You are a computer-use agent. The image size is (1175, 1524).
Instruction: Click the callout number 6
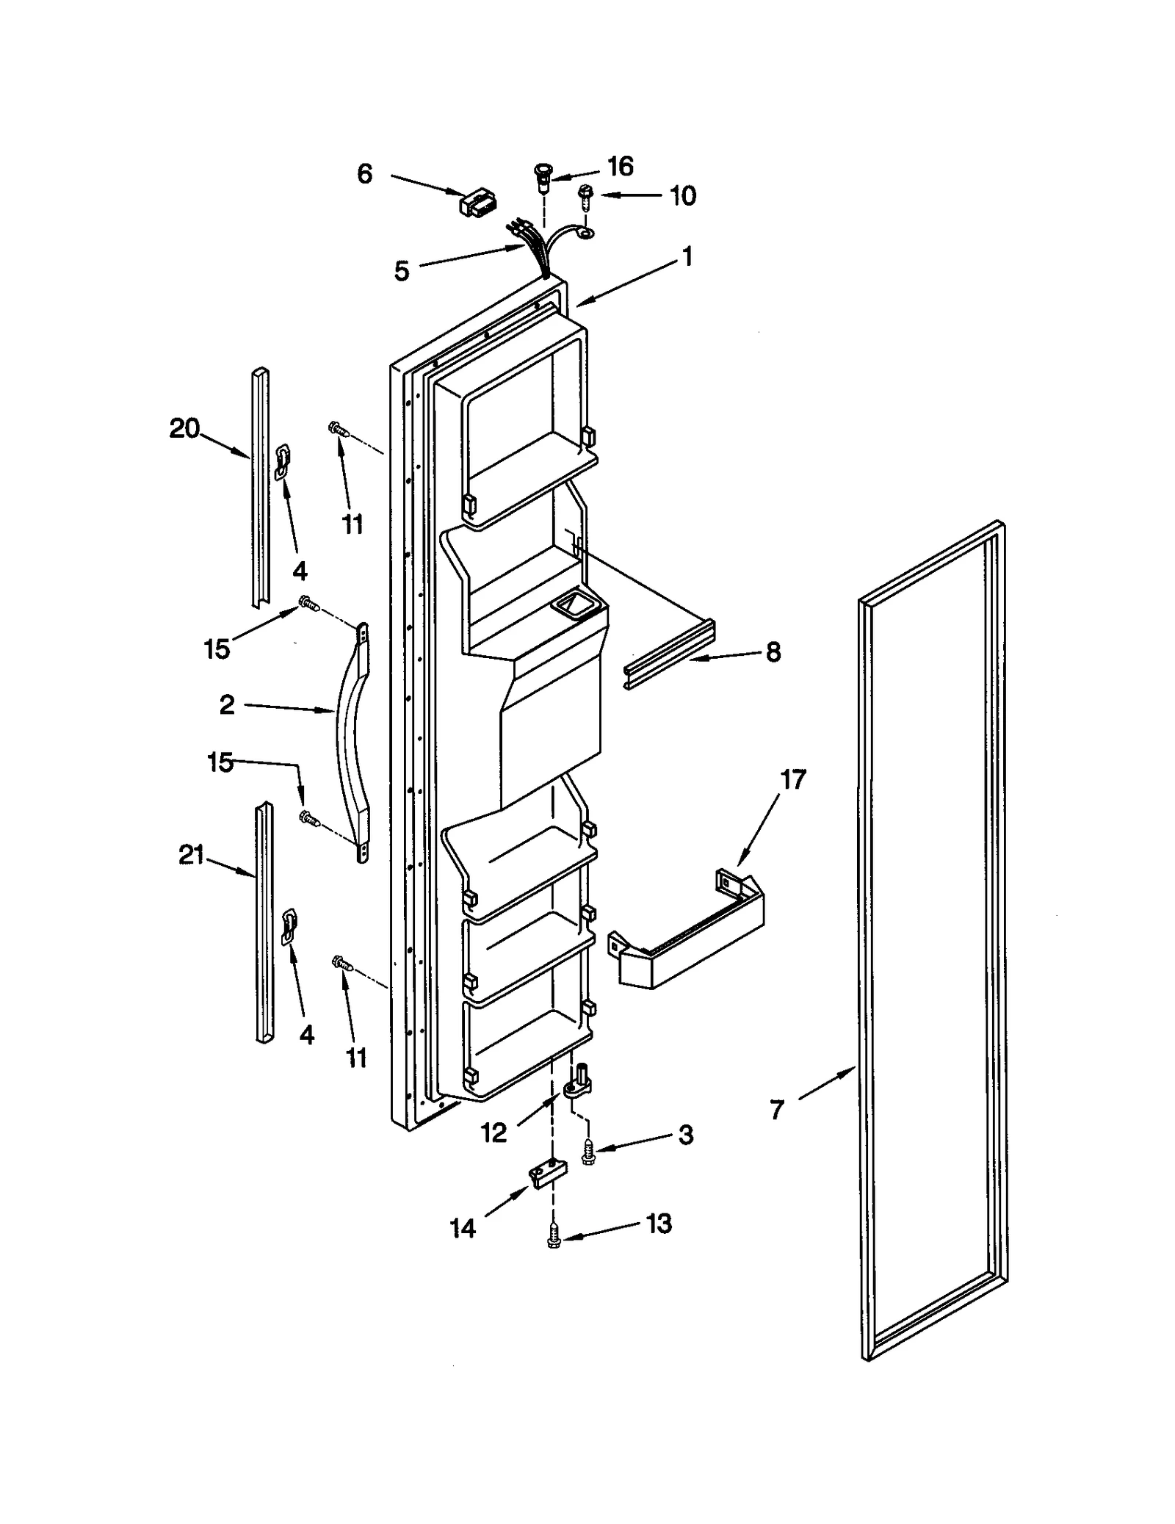coord(365,174)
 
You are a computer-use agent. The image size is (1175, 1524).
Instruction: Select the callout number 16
coord(621,167)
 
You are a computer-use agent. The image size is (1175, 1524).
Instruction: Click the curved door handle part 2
coord(352,742)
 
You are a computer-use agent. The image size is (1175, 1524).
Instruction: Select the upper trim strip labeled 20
coord(259,485)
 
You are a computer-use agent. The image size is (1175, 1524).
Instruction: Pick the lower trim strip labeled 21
coord(263,922)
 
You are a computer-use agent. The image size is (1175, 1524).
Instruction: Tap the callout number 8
coord(773,652)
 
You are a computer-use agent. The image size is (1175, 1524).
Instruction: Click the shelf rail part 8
coord(668,654)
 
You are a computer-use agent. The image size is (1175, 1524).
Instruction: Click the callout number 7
coord(778,1109)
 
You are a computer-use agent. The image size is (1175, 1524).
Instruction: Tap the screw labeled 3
coord(587,1152)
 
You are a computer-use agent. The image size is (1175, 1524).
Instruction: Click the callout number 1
coord(687,257)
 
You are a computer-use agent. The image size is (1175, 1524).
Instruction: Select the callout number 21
coord(191,855)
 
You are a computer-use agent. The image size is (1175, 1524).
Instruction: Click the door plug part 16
coord(542,176)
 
